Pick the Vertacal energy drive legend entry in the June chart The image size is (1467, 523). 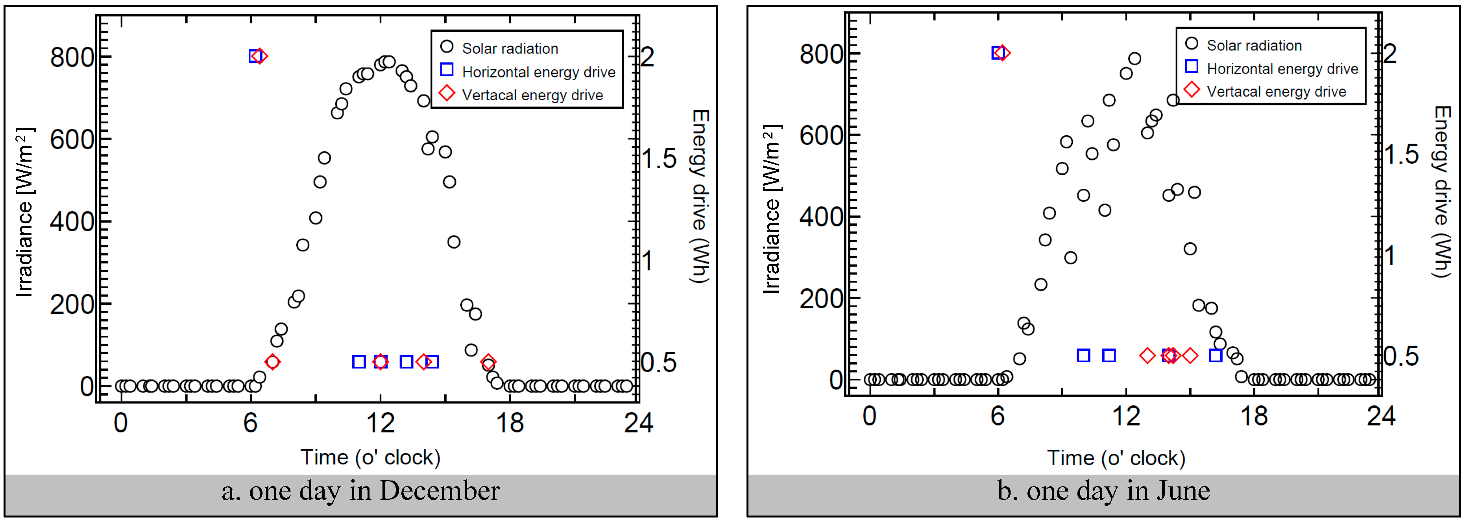pyautogui.click(x=1276, y=92)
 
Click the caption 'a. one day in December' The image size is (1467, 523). pyautogui.click(x=360, y=491)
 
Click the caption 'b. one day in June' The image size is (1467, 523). pyautogui.click(x=1103, y=491)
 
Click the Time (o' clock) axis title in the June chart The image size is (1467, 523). pyautogui.click(x=1116, y=458)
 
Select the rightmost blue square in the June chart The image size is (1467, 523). pyautogui.click(x=1215, y=356)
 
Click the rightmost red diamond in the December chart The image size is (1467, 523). pyautogui.click(x=488, y=362)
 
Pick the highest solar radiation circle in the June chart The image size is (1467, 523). pyautogui.click(x=1134, y=59)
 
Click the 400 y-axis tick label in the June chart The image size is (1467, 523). pyautogui.click(x=820, y=217)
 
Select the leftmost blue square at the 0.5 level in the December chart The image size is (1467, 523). pyautogui.click(x=359, y=362)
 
